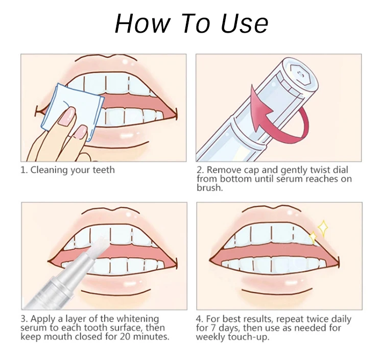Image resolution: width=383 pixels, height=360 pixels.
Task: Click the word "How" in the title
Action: [142, 23]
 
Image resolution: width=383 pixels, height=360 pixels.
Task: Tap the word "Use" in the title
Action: [244, 23]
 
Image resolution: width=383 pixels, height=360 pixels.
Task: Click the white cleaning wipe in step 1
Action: [73, 112]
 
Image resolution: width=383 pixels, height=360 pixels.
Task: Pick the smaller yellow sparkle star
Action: [313, 237]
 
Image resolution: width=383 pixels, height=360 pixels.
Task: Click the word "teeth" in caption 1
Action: [104, 170]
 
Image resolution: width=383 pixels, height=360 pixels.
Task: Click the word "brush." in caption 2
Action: [210, 187]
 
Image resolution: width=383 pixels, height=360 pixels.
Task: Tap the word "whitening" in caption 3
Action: [138, 319]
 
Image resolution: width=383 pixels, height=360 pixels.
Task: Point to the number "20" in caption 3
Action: [125, 337]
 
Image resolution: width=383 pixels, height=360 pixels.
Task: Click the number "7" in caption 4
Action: [214, 328]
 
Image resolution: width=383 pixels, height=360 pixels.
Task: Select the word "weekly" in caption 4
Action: [211, 337]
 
